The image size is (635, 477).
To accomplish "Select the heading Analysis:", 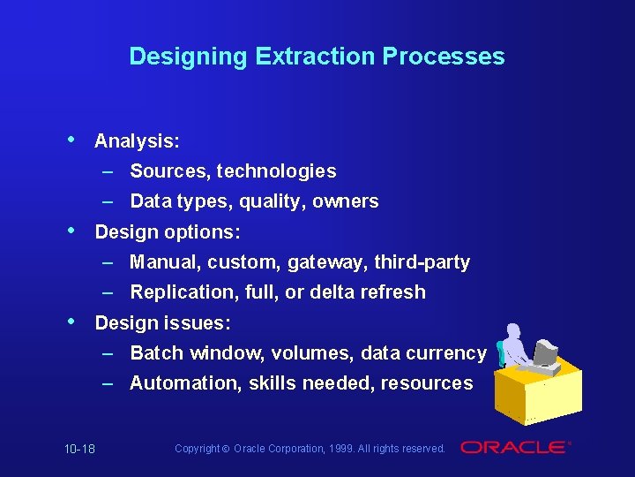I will pyautogui.click(x=137, y=141).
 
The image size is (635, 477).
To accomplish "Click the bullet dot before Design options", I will pyautogui.click(x=70, y=231).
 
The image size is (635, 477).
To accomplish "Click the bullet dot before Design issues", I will pyautogui.click(x=70, y=322).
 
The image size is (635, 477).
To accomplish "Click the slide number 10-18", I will pyautogui.click(x=79, y=450).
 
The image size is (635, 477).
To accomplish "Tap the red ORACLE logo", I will pyautogui.click(x=515, y=448).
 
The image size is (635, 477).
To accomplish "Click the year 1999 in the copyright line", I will pyautogui.click(x=344, y=449).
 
